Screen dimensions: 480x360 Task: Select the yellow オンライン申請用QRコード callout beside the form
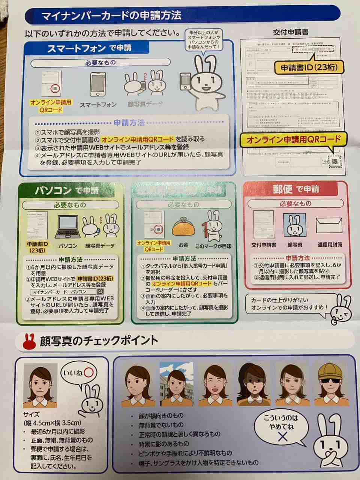[x=293, y=140]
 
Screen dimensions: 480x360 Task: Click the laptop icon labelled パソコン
[x=68, y=228]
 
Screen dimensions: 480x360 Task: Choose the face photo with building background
[x=176, y=384]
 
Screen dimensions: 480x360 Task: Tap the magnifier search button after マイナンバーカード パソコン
[x=101, y=291]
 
